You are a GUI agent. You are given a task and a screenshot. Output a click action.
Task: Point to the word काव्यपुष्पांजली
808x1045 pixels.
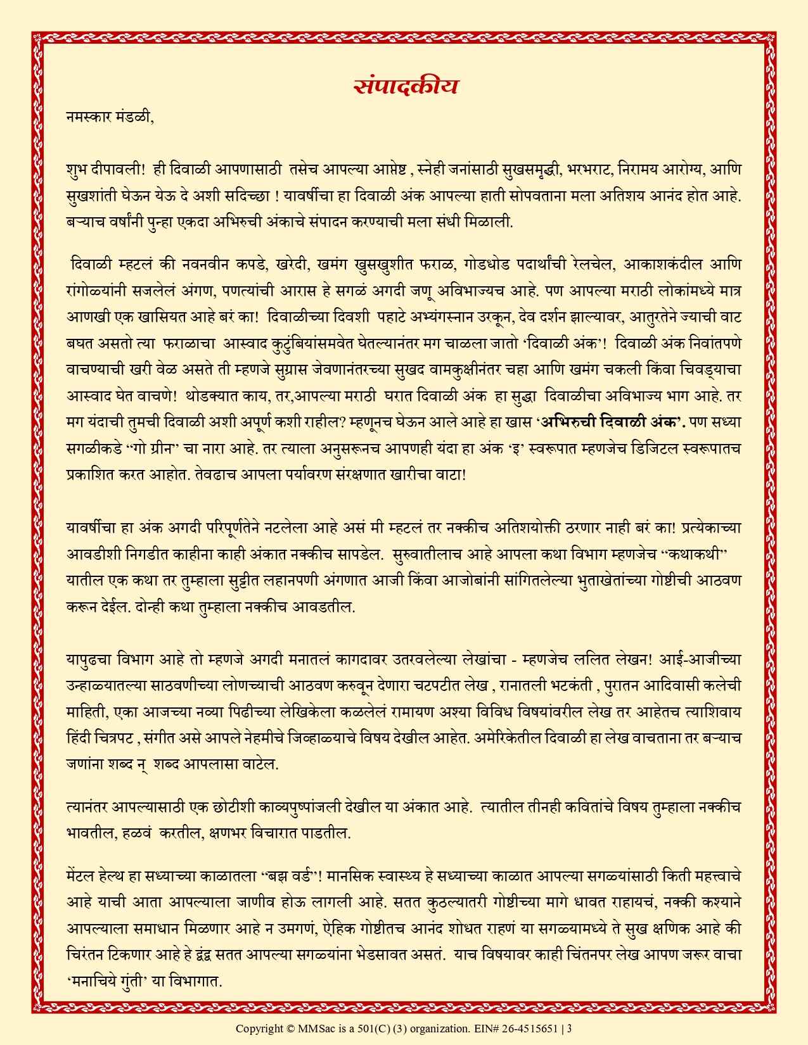[x=354, y=807]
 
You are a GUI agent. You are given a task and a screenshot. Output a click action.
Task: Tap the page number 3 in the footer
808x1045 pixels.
[x=570, y=1027]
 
